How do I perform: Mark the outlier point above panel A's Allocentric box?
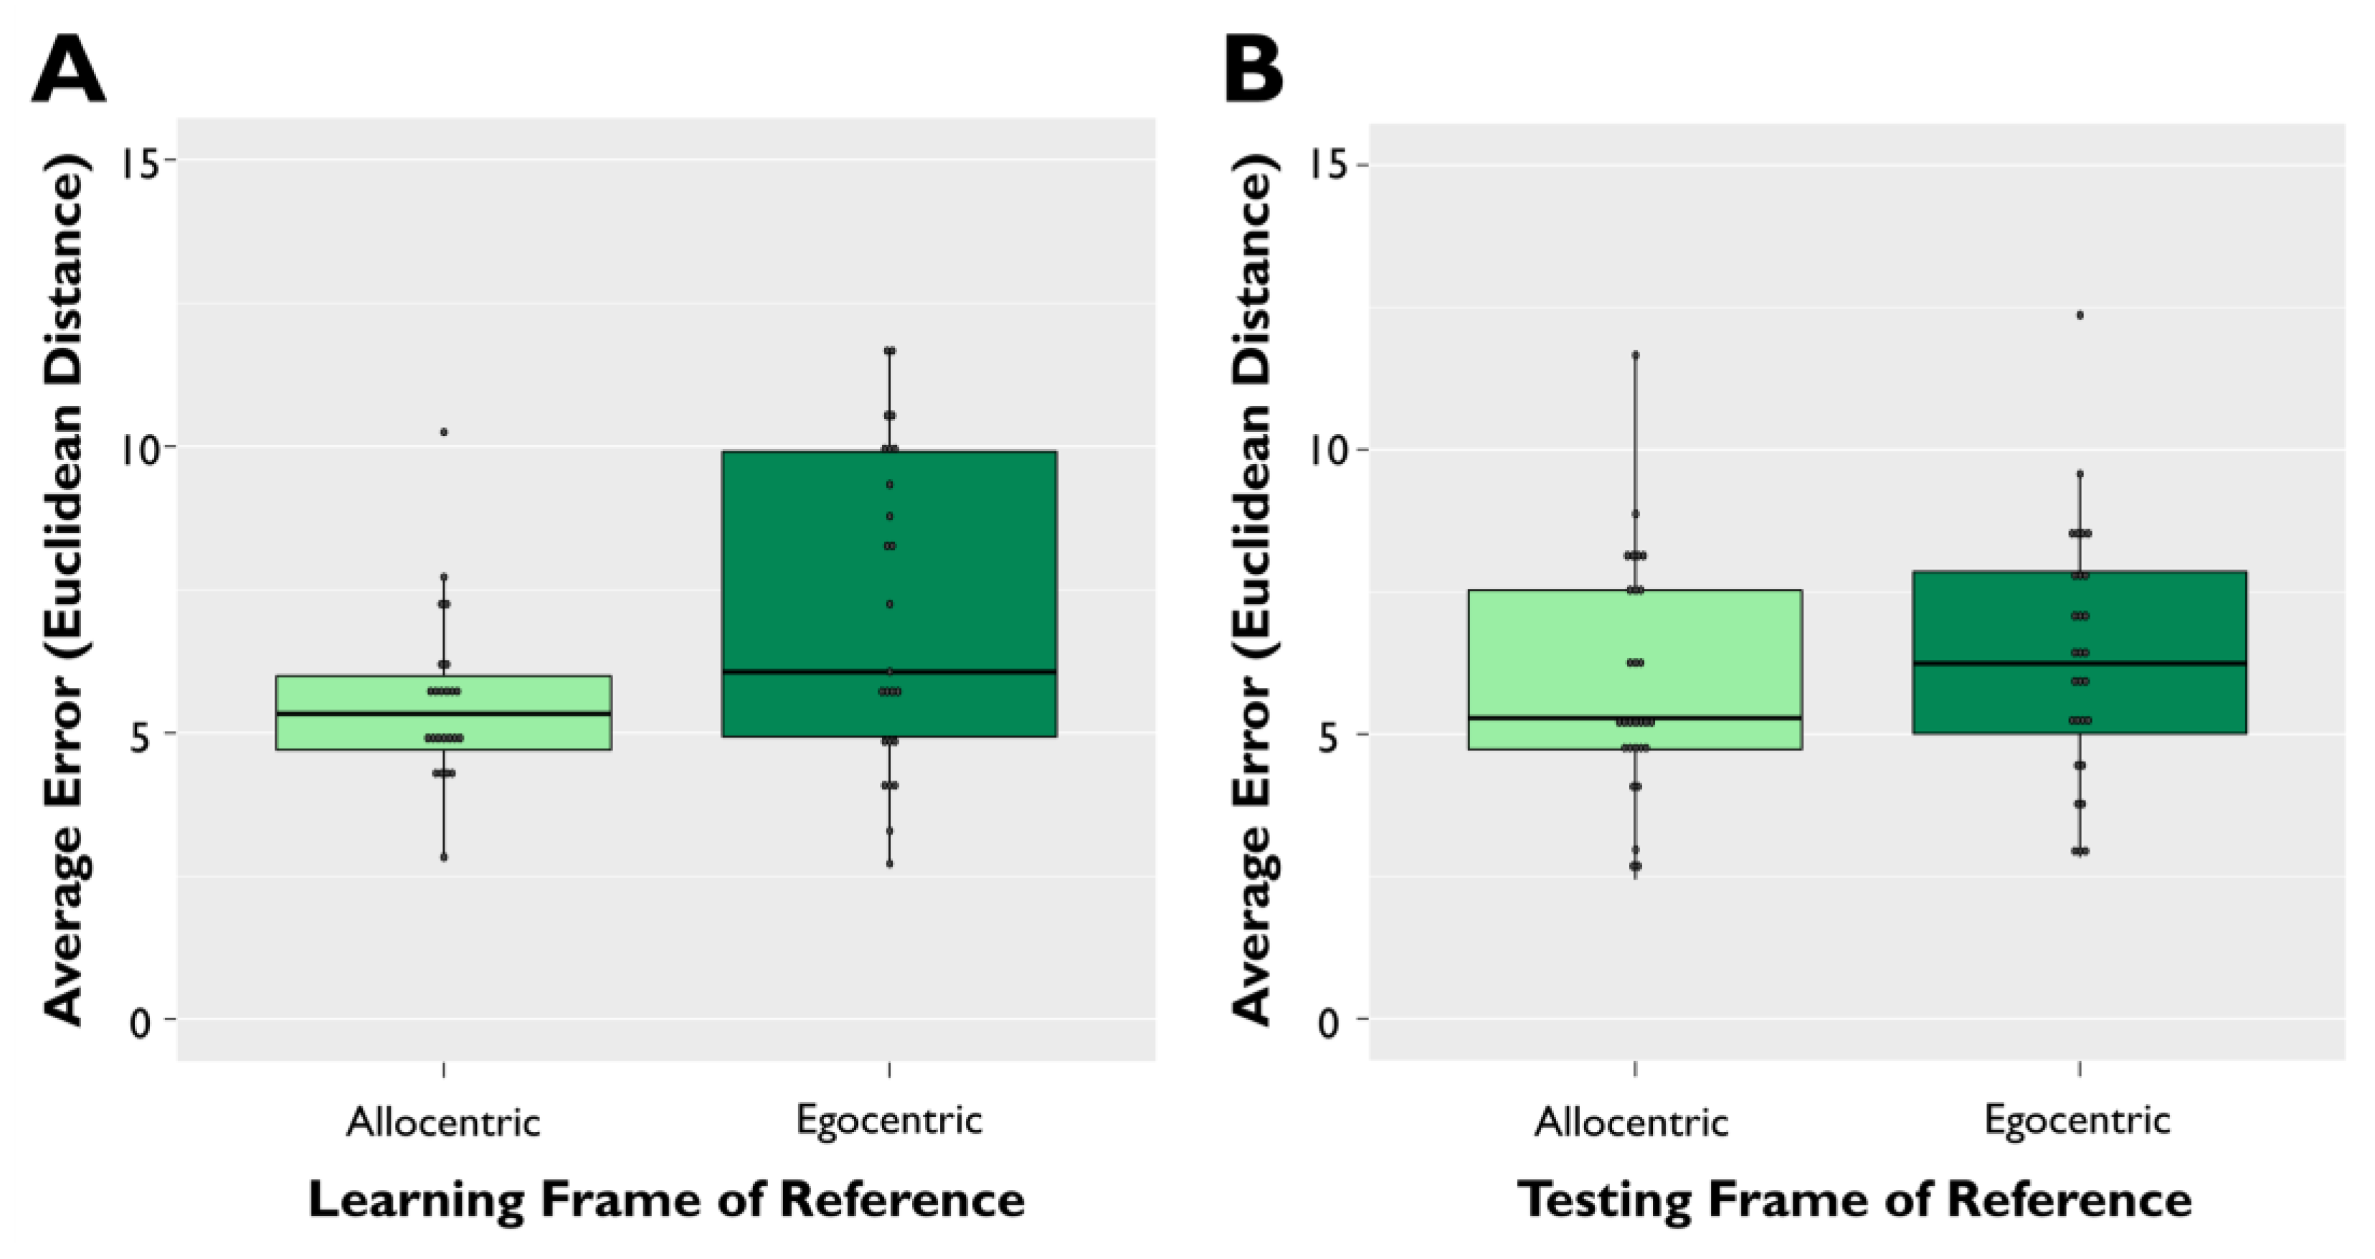[x=443, y=432]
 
